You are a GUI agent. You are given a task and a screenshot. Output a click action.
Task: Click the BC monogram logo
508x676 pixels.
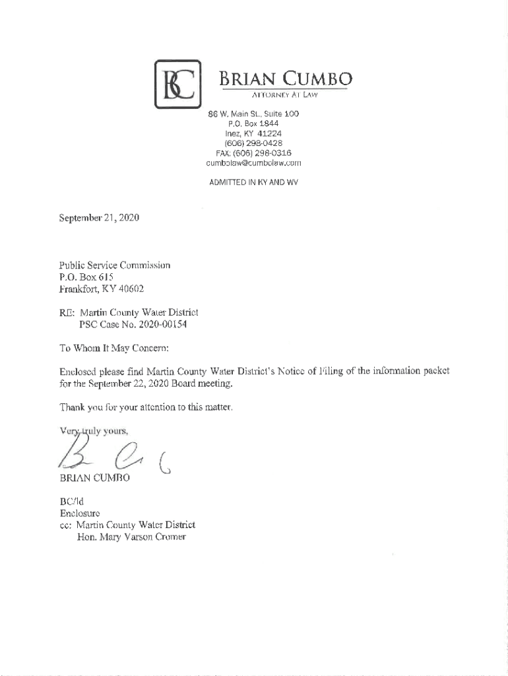pyautogui.click(x=177, y=84)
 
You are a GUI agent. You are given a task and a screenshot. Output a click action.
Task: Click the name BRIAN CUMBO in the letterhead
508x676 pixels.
pyautogui.click(x=286, y=79)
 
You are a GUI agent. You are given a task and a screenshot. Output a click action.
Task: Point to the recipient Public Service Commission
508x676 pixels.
pyautogui.click(x=115, y=265)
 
